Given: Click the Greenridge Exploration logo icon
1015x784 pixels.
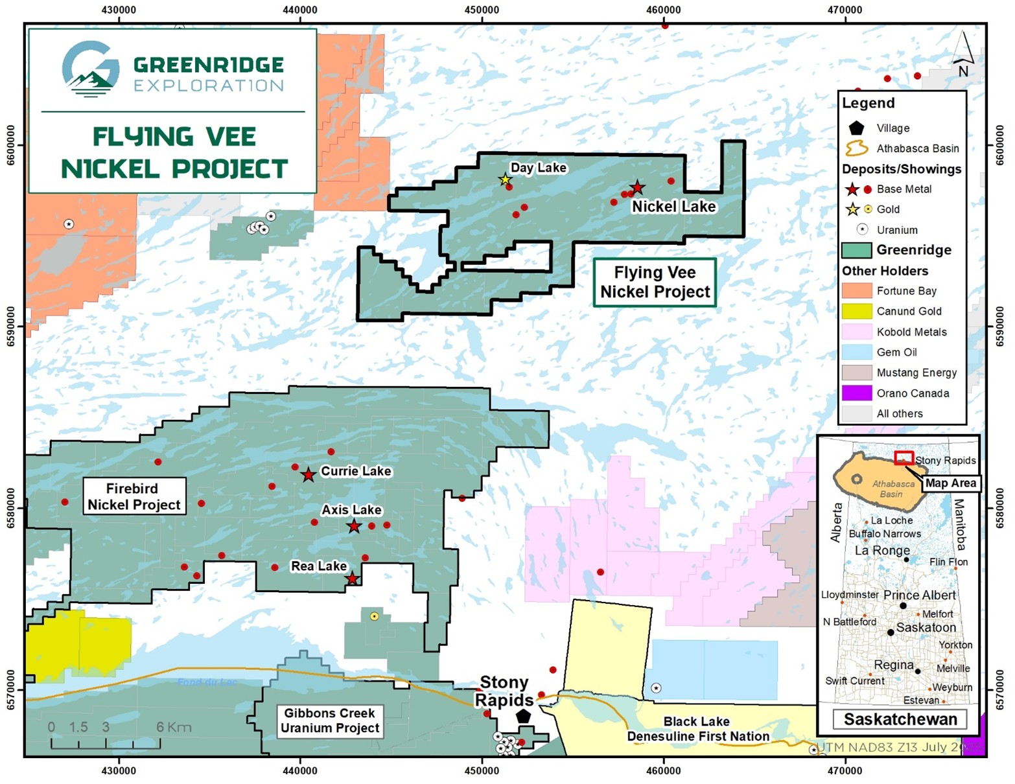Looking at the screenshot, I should click(91, 69).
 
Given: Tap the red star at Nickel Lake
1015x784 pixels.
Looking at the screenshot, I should click(637, 188).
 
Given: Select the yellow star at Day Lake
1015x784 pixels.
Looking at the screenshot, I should click(505, 179).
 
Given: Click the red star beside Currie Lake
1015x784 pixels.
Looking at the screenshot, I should click(309, 475).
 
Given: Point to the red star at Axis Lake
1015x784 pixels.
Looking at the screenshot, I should click(353, 526).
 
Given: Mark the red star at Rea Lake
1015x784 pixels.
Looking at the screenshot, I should click(351, 579).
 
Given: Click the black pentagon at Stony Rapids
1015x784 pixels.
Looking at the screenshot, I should click(523, 716).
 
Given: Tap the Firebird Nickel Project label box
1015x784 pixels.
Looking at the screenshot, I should click(134, 496).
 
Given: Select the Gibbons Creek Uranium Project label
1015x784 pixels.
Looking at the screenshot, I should click(329, 721).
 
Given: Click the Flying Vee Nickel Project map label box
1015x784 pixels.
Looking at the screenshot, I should click(655, 282).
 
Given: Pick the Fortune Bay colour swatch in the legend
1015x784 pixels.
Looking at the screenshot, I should click(856, 291).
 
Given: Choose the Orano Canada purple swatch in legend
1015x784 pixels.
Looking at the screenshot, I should click(856, 393).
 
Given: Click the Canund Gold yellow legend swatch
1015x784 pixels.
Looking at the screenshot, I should click(856, 311).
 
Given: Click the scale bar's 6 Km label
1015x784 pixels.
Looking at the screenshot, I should click(174, 727).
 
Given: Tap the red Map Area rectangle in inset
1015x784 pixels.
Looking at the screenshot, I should click(904, 458).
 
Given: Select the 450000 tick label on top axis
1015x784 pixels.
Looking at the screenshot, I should click(482, 10).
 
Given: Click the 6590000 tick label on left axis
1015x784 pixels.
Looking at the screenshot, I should click(11, 327).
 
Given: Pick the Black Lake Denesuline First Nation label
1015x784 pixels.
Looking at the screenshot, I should click(697, 729).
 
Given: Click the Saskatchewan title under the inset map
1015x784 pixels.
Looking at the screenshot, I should click(900, 719).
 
